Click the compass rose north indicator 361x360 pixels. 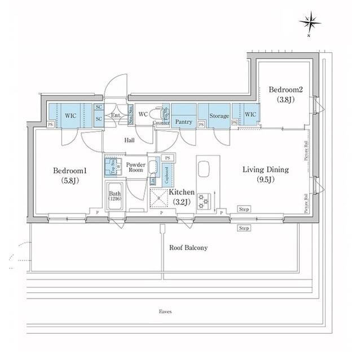310,23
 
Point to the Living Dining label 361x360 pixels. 266,169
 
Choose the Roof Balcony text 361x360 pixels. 188,247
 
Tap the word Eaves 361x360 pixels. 165,311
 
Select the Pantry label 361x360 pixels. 183,122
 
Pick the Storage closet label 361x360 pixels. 219,116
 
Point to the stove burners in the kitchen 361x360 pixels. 204,202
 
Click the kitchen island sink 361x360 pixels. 204,169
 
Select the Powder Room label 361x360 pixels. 135,168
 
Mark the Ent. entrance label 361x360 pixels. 116,115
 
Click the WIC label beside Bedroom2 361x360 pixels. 250,114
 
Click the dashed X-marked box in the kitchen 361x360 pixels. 159,199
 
